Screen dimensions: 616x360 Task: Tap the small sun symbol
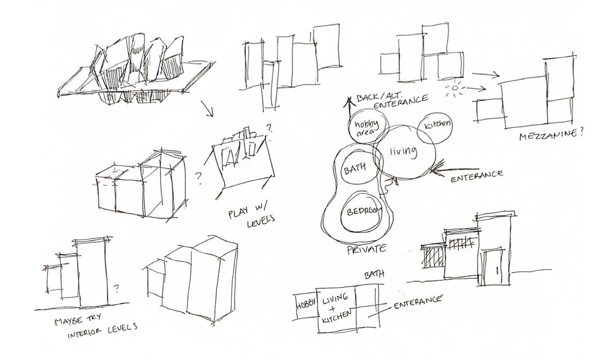pyautogui.click(x=454, y=88)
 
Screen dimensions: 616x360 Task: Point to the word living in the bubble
pyautogui.click(x=403, y=151)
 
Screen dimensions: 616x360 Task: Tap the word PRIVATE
pyautogui.click(x=366, y=249)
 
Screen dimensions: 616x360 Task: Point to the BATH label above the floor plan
pyautogui.click(x=374, y=274)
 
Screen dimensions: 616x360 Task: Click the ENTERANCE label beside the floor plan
pyautogui.click(x=418, y=302)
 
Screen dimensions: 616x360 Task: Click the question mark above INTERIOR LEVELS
pyautogui.click(x=116, y=288)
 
